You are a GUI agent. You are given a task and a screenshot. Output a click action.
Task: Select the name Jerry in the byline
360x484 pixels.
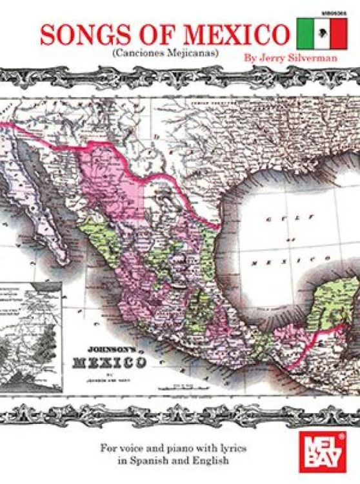click(268, 56)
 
